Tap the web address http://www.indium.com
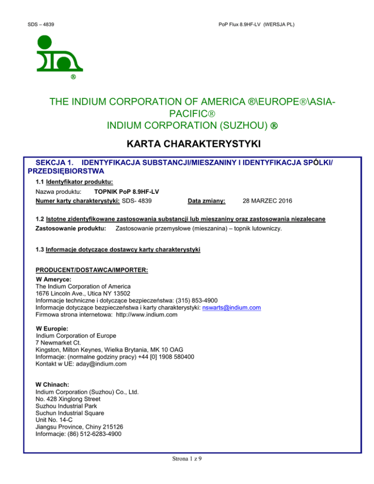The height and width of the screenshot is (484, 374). click(x=147, y=315)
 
